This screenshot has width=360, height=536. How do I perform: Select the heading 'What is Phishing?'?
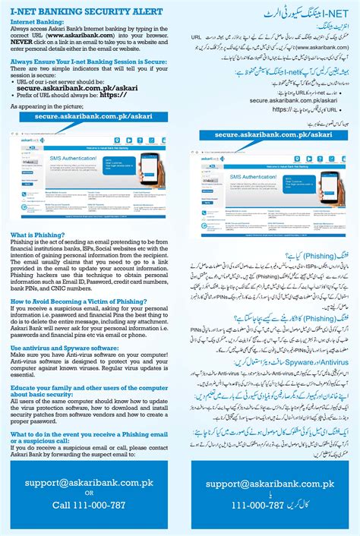37,235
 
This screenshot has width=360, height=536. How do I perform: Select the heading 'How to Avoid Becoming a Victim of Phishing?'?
84,301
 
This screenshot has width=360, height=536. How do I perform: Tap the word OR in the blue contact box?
84,493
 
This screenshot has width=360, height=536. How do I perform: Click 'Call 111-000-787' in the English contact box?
84,504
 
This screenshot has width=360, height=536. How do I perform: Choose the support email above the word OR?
84,481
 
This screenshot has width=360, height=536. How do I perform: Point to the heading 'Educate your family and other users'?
89,388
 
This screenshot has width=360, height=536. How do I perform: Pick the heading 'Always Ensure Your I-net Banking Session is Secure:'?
87,63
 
